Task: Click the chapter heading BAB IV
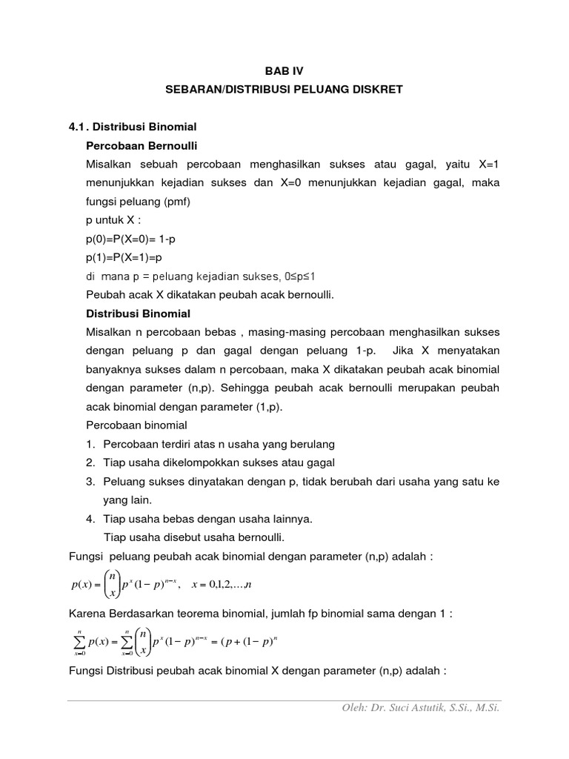click(284, 71)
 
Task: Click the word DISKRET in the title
click(376, 90)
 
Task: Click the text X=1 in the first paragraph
click(485, 164)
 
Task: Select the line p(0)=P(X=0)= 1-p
click(132, 239)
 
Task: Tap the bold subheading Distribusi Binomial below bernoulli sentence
click(139, 314)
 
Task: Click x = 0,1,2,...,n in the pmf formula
click(222, 586)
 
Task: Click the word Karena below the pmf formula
click(86, 614)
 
